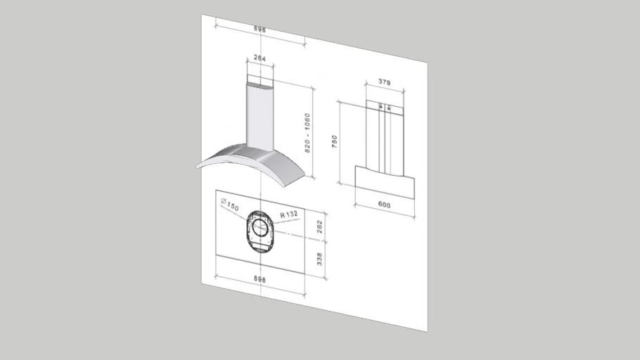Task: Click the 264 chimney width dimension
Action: [x=260, y=59]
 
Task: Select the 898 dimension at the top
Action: [x=260, y=30]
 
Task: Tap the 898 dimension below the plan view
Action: [x=259, y=279]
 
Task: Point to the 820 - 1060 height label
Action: [x=307, y=134]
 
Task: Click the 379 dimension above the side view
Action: [x=384, y=82]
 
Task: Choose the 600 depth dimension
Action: [x=384, y=205]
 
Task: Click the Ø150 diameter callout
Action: [x=230, y=205]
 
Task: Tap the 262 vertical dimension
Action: [x=320, y=226]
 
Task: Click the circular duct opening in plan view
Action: [x=260, y=227]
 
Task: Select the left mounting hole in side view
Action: [x=380, y=107]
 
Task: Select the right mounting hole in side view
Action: [x=389, y=108]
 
